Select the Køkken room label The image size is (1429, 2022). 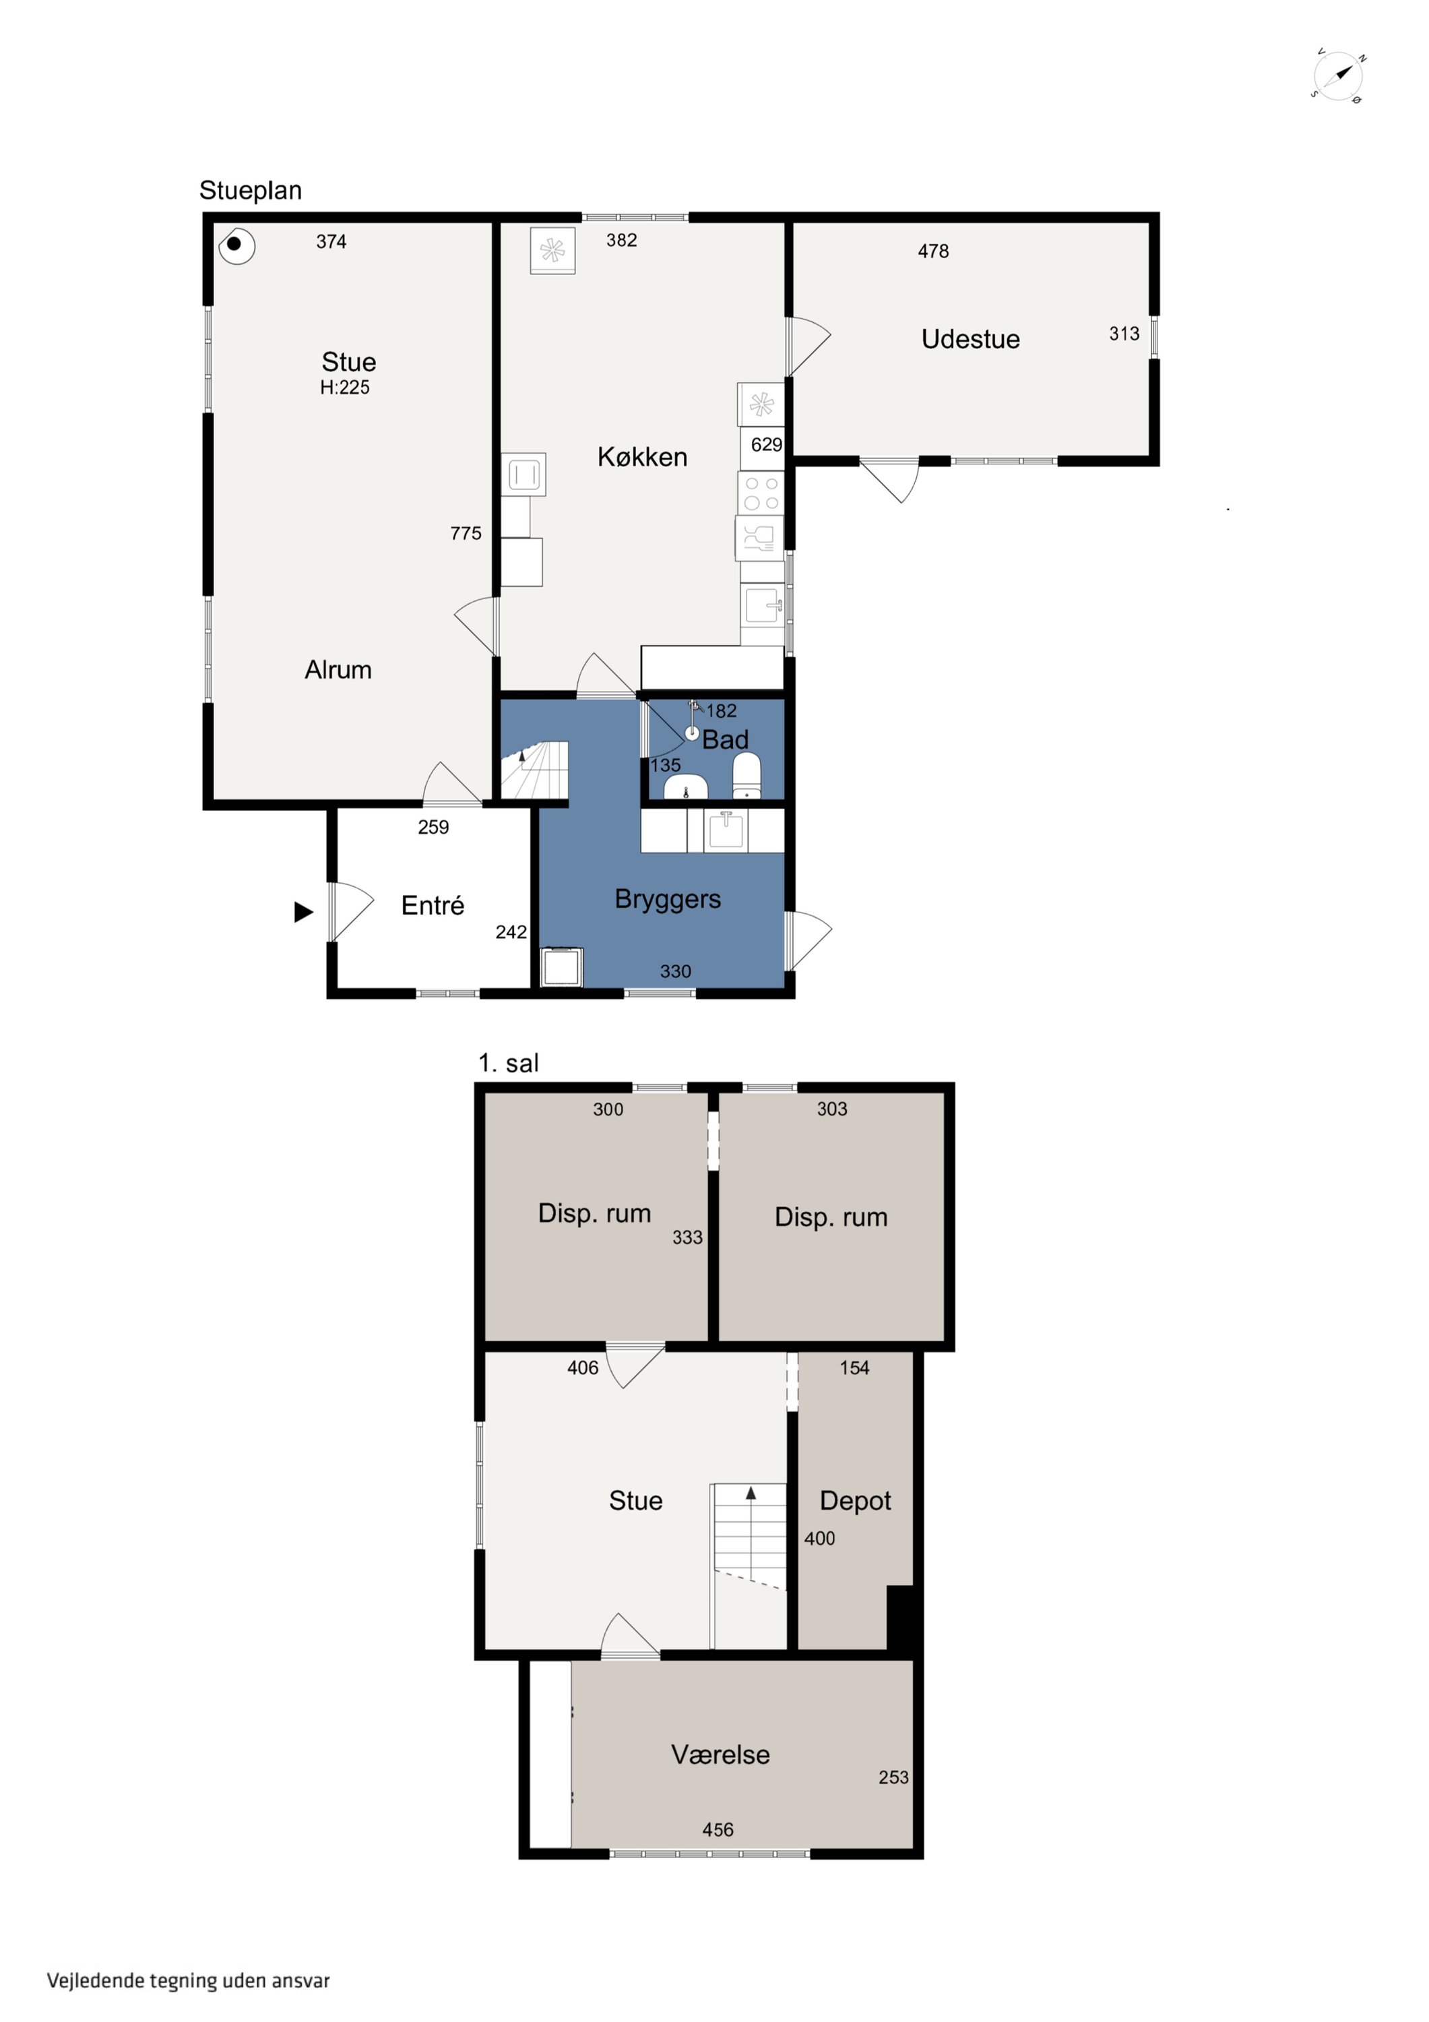point(642,457)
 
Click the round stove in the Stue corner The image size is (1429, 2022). point(235,245)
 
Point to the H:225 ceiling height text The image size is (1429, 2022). point(344,388)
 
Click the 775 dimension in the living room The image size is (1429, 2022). point(465,534)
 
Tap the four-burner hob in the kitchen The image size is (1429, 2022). point(761,493)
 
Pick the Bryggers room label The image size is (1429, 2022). point(668,899)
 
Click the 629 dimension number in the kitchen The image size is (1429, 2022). point(766,445)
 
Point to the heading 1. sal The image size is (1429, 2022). point(508,1063)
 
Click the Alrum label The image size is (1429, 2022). point(338,670)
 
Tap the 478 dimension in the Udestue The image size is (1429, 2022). point(932,252)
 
